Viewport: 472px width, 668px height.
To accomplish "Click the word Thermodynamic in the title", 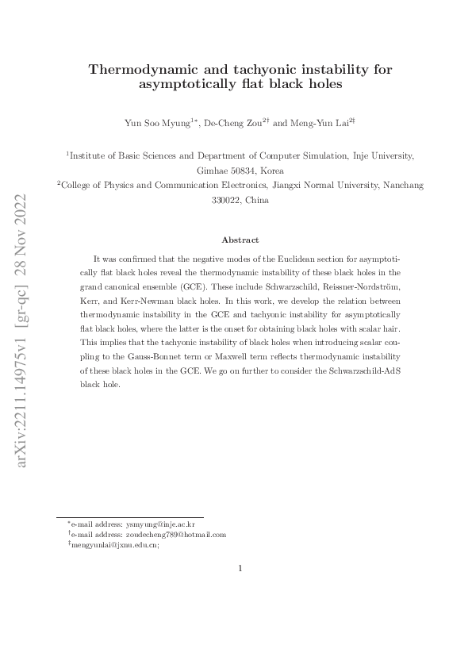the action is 139,70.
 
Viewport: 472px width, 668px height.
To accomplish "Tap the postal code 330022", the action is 226,200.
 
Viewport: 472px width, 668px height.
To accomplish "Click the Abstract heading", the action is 240,240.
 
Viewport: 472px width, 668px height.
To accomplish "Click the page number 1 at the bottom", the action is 240,567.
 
